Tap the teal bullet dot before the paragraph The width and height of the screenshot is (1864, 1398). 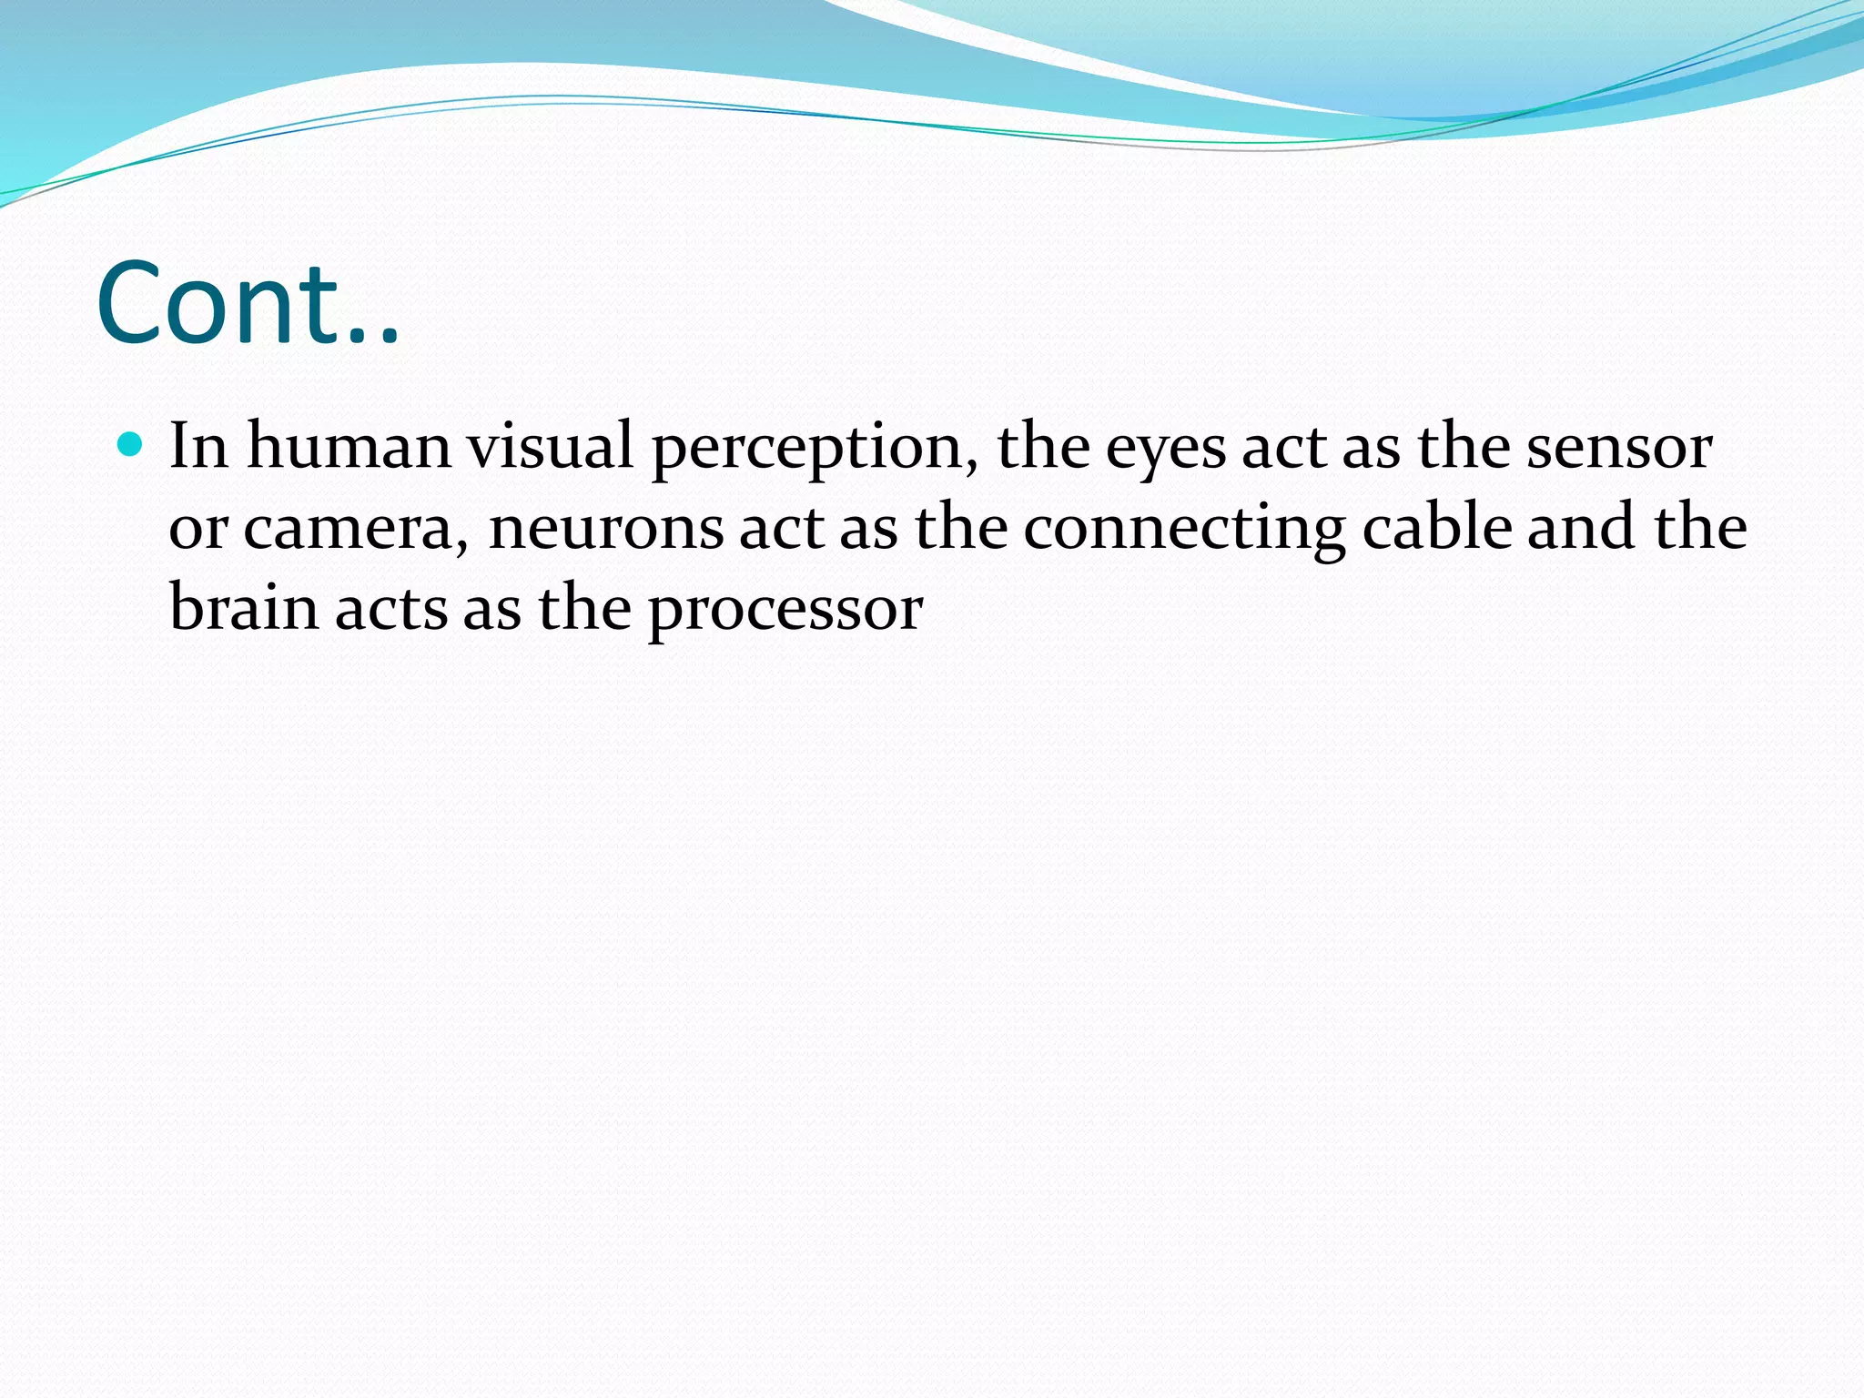[x=131, y=445]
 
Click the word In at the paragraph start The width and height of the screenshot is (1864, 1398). [x=198, y=446]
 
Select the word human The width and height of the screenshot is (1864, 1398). [x=349, y=446]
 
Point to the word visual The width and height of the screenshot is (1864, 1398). [x=550, y=446]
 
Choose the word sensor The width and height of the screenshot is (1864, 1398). [x=1619, y=446]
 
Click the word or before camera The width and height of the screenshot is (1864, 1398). [x=198, y=528]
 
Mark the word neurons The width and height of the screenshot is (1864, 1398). [x=605, y=528]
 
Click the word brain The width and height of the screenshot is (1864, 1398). [x=244, y=607]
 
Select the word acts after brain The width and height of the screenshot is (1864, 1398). [x=391, y=608]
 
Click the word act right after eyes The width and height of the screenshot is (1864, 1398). [x=1284, y=448]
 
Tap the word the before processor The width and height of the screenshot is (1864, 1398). [x=584, y=607]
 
